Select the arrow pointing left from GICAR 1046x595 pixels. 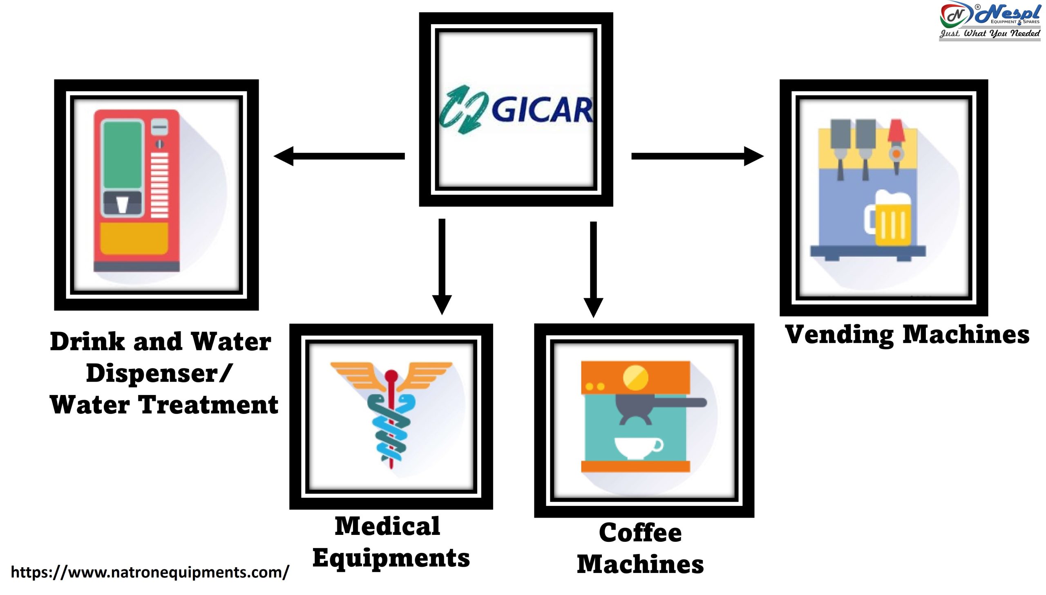339,156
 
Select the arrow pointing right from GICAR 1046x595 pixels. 697,156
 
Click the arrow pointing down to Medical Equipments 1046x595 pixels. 442,266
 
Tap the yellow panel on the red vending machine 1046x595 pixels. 134,238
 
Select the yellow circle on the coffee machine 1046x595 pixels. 635,377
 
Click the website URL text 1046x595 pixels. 150,572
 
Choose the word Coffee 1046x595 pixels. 640,532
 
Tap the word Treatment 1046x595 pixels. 209,405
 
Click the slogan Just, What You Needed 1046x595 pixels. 990,34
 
